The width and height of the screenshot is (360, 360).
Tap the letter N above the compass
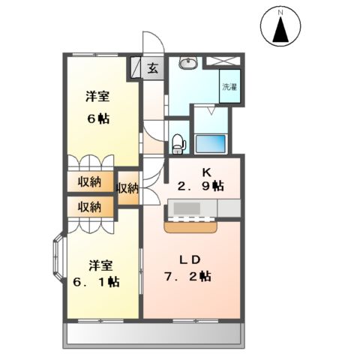282,12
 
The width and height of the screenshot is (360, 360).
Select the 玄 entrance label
151,69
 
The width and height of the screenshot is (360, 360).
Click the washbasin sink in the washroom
189,64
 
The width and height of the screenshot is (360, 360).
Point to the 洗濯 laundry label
228,85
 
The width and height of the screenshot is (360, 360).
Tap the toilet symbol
178,140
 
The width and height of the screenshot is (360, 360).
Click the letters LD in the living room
190,259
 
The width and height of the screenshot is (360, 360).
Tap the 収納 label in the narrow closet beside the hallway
128,188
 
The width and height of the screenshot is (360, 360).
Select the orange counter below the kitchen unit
191,221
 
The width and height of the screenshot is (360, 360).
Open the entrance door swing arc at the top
151,42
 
